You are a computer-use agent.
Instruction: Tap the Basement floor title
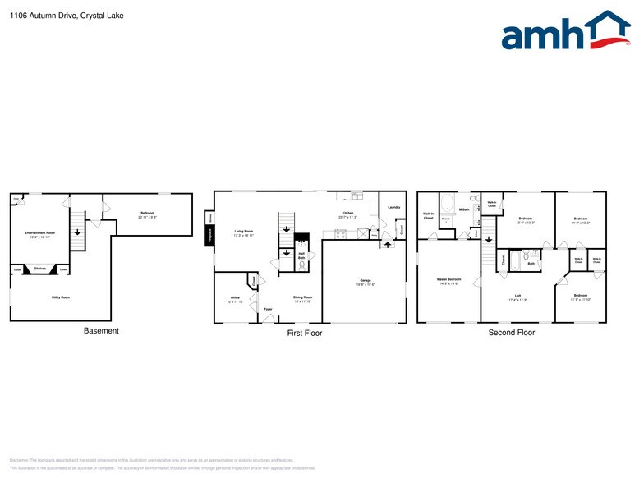[x=101, y=331]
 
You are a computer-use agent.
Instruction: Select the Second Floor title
[x=511, y=333]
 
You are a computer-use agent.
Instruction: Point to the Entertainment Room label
[x=39, y=234]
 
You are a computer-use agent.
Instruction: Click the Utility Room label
[x=60, y=297]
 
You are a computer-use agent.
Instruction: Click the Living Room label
[x=243, y=232]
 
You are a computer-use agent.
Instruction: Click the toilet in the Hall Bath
[x=301, y=264]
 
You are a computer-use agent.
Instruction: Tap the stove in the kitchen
[x=301, y=241]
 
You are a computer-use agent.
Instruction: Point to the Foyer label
[x=268, y=309]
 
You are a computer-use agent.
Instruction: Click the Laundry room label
[x=393, y=207]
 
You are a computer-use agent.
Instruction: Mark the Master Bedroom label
[x=448, y=280]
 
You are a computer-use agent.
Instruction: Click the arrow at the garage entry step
[x=386, y=245]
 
